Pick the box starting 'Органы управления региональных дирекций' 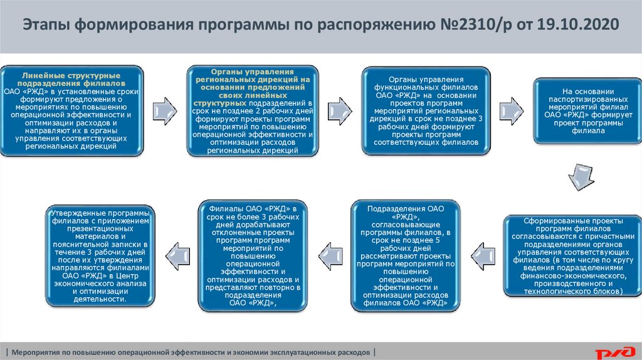(253, 111)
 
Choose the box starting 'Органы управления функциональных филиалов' (425, 111)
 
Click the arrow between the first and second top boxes (164, 110)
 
